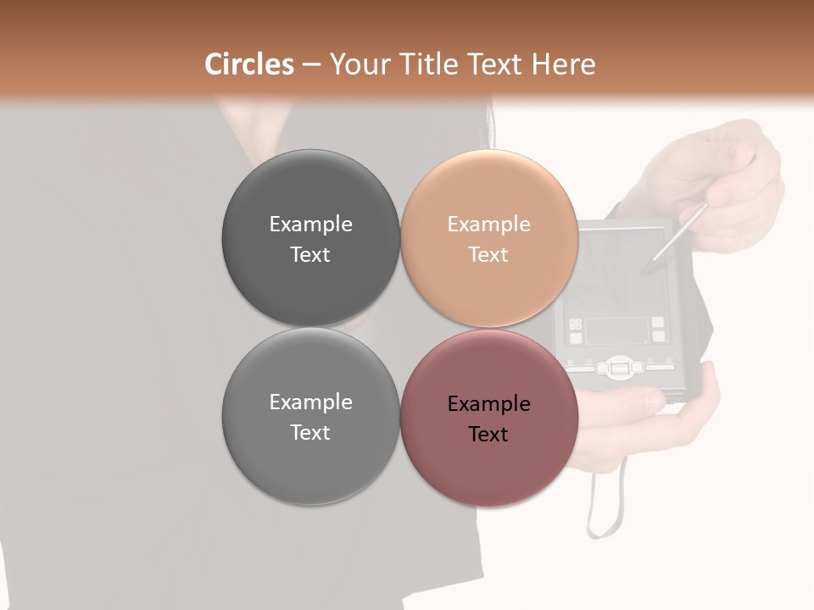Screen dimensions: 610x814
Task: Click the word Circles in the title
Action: (248, 64)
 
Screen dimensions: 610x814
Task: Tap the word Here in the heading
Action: (563, 64)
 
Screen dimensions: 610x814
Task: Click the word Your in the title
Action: (356, 64)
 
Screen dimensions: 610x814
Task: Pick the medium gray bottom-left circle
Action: (310, 462)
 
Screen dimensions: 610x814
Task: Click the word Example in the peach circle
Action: (488, 225)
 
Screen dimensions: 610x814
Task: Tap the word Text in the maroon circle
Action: (488, 435)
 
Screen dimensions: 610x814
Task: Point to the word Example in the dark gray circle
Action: (310, 225)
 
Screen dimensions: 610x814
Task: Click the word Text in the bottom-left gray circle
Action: (310, 433)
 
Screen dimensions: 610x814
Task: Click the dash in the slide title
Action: (310, 64)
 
